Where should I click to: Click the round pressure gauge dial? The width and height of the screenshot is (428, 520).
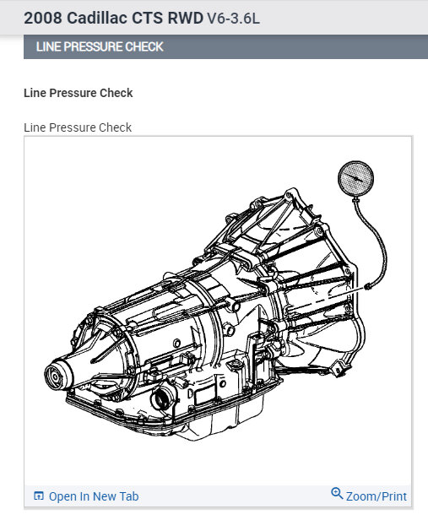pyautogui.click(x=355, y=178)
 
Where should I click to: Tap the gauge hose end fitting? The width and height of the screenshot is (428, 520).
pyautogui.click(x=367, y=286)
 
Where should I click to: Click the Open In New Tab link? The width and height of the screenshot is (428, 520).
pyautogui.click(x=94, y=496)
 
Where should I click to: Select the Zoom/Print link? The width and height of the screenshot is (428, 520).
pyautogui.click(x=377, y=496)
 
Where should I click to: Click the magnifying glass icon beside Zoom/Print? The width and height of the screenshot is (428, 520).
pyautogui.click(x=337, y=493)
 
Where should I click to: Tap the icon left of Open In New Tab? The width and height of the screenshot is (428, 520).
pyautogui.click(x=39, y=496)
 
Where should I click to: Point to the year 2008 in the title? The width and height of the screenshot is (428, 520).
pyautogui.click(x=43, y=18)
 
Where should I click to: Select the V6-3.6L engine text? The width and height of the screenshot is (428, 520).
pyautogui.click(x=233, y=19)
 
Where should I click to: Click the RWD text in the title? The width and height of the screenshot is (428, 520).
pyautogui.click(x=186, y=18)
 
